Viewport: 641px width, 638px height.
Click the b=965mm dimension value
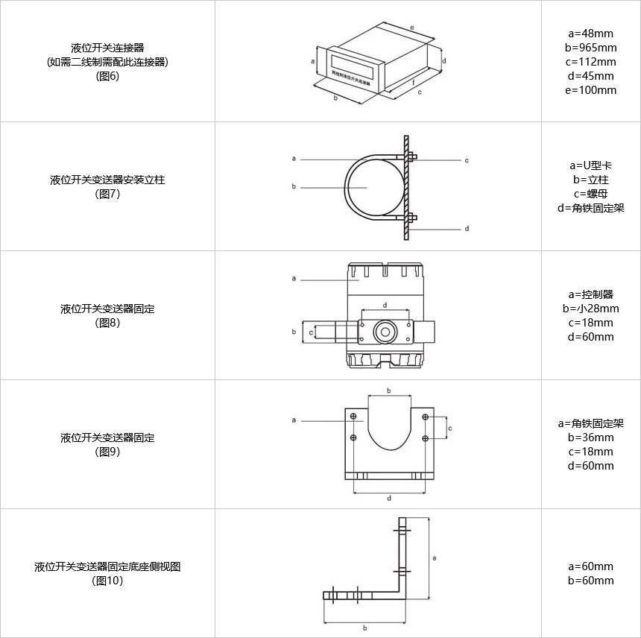coord(590,48)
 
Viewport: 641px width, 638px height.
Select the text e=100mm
coord(590,90)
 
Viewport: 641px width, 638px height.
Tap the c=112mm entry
coord(590,62)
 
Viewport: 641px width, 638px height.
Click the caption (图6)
coord(107,75)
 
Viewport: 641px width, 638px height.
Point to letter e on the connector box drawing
coord(411,27)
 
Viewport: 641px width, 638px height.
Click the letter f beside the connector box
coord(413,83)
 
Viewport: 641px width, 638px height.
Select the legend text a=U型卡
coord(590,165)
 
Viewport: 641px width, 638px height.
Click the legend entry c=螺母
coord(590,194)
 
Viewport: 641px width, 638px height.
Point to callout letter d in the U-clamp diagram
coord(467,229)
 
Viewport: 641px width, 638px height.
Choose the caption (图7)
coord(107,194)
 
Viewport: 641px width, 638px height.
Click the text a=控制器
coord(590,294)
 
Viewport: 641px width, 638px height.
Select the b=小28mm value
coord(590,309)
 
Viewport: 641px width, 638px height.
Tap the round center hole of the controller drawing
coord(385,331)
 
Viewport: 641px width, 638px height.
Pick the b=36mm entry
coord(590,438)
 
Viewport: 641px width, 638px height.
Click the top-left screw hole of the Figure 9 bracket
coord(354,415)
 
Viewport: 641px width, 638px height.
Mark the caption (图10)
coord(107,581)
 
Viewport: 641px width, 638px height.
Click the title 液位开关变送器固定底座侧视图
coord(107,566)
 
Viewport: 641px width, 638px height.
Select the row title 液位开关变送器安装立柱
coord(107,180)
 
